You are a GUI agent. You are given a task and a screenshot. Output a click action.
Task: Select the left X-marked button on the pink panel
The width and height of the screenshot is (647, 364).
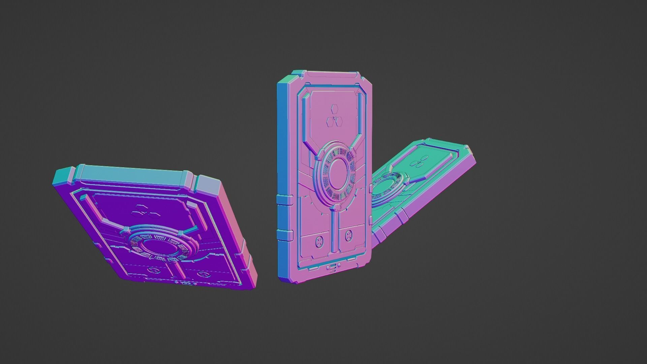click(x=318, y=241)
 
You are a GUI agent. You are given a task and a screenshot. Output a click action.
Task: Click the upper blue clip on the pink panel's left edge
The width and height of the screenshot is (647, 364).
click(x=284, y=199)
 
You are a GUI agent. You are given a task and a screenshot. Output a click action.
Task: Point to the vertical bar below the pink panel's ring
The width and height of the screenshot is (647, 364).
click(x=334, y=233)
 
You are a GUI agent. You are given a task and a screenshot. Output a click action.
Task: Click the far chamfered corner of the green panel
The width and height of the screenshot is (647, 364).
click(x=466, y=148)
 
